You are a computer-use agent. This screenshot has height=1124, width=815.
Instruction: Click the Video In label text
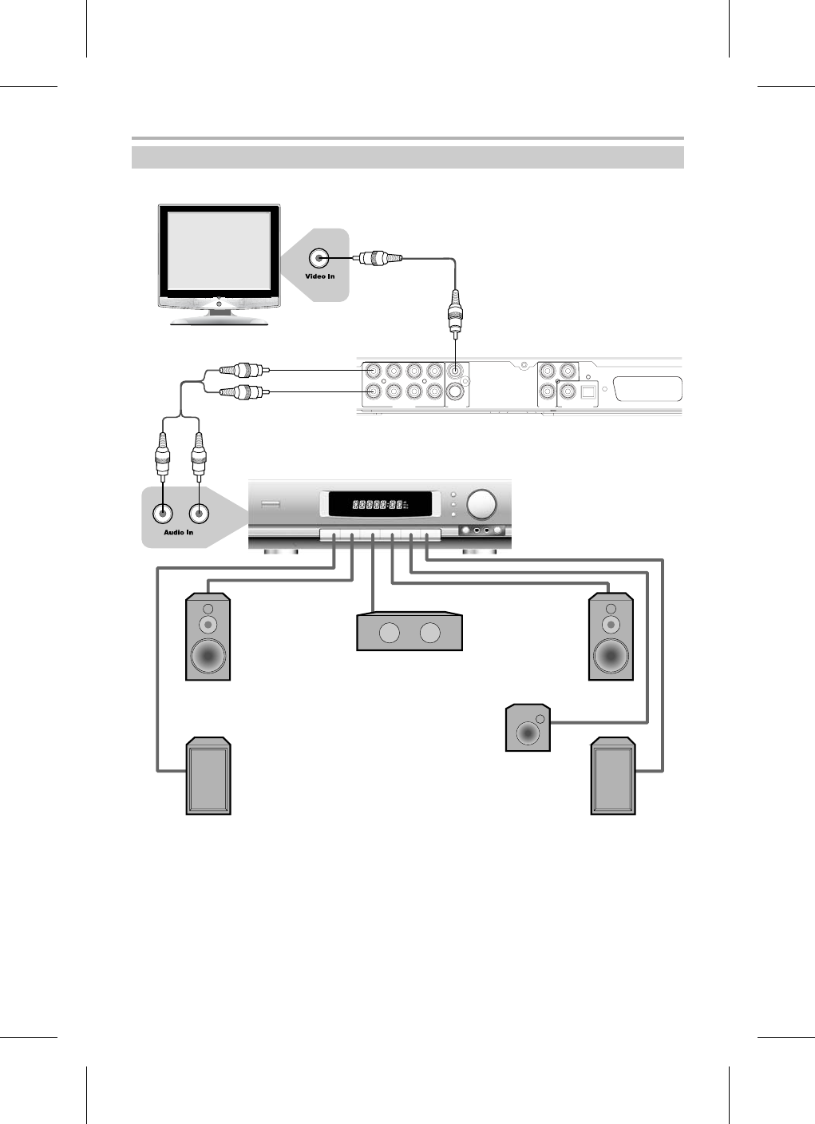(319, 276)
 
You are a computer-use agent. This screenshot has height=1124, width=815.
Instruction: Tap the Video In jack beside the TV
(319, 258)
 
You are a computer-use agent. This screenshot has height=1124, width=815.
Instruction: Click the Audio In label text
(178, 532)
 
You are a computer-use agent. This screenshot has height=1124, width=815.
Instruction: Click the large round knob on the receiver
(481, 504)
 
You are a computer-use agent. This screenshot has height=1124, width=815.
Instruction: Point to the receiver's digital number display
(378, 505)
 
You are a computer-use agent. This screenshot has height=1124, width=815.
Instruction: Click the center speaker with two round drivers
(409, 633)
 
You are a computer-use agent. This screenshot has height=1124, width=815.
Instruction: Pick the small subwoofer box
(528, 728)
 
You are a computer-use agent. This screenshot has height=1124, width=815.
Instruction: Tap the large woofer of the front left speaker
(208, 657)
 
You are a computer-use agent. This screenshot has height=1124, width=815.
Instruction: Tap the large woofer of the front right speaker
(611, 657)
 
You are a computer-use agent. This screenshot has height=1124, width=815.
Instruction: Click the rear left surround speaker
(208, 777)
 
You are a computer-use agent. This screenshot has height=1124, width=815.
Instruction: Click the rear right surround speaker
(613, 777)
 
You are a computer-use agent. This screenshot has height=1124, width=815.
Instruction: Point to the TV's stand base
(218, 319)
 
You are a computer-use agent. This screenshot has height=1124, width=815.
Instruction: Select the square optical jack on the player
(589, 392)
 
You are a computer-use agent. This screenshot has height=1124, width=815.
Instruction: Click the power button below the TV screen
(218, 303)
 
